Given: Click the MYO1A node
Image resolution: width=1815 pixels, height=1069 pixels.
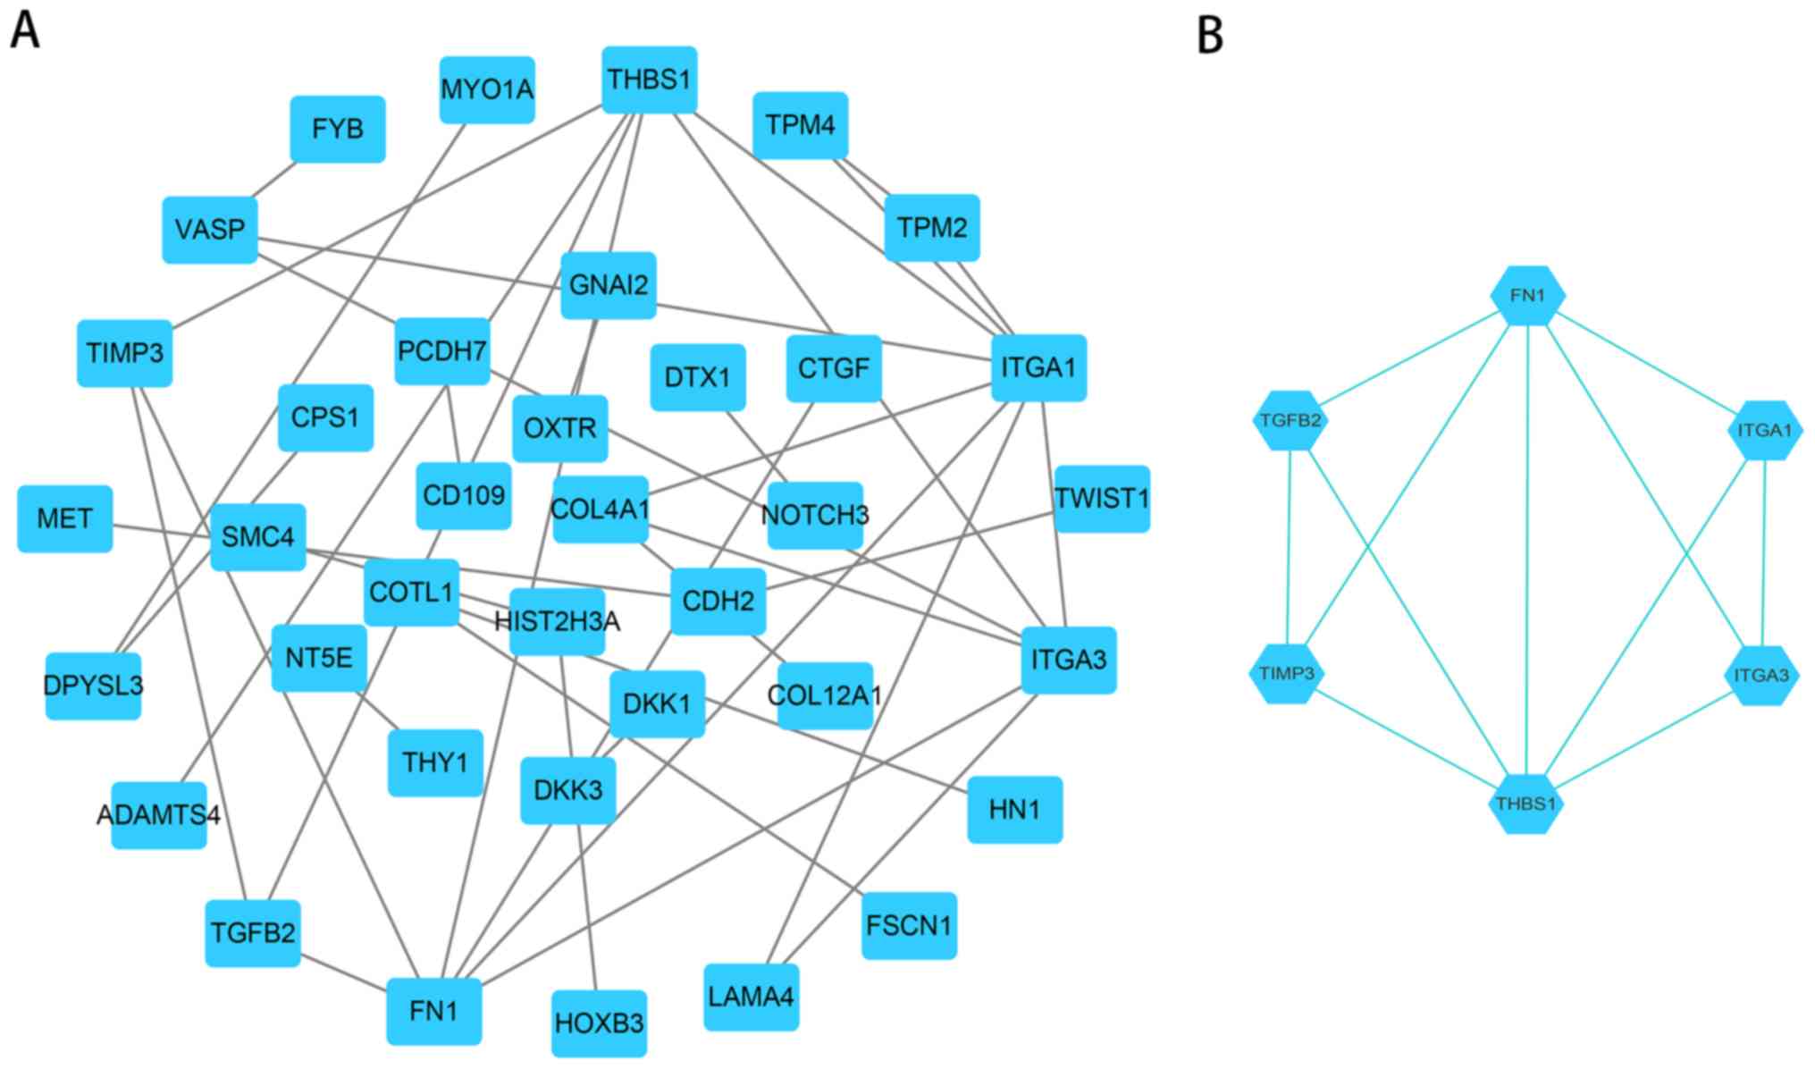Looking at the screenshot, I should pos(487,90).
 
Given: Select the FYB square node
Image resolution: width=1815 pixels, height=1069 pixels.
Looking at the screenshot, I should pos(338,130).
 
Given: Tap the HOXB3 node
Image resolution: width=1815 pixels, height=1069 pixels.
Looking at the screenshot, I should pos(599,1023).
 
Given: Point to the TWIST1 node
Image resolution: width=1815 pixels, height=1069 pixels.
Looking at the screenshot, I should pos(1102,499).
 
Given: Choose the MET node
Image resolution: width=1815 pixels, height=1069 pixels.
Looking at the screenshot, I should pos(65,519).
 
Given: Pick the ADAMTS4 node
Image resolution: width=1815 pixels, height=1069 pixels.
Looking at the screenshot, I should pos(159,815).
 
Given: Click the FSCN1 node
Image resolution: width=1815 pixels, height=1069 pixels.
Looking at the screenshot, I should pos(909,926).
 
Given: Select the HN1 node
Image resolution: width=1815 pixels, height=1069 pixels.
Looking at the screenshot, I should pos(1014,810).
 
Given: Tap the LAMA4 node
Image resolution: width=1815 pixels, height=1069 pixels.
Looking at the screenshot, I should pos(751,997).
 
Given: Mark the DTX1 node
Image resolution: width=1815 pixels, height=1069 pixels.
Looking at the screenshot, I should pos(697,377).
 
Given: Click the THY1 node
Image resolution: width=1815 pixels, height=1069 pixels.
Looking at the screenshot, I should pos(435,762).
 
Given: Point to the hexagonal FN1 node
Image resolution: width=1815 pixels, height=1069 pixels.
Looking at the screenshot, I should pos(1527,295).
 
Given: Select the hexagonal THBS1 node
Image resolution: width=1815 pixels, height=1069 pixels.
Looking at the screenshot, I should pos(1525,804).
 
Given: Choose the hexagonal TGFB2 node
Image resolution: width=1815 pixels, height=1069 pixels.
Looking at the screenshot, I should pos(1290,420).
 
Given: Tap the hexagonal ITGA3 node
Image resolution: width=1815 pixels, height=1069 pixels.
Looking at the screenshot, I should pos(1760,675).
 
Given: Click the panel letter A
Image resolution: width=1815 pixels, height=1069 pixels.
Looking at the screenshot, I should pos(25,30).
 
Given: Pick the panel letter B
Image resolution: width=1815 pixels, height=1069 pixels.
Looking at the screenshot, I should pos(1209,35).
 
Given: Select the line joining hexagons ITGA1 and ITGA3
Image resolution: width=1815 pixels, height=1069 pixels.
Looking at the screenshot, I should pos(1763,552).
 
